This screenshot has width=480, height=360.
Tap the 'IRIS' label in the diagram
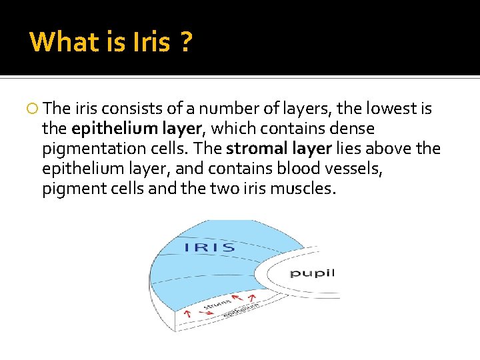tap(209, 248)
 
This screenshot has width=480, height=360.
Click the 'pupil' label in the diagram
tap(311, 273)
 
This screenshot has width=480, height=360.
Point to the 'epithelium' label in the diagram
tap(241, 309)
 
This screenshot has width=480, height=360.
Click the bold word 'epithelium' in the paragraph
tap(104, 128)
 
